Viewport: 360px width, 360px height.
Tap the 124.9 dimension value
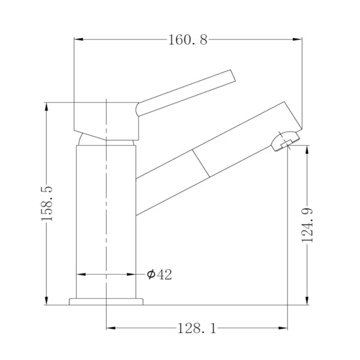[x=308, y=224]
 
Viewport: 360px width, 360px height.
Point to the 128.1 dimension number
[x=196, y=328]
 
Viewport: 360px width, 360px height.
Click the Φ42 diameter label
[x=160, y=274]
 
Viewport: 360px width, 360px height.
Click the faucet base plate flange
[x=106, y=301]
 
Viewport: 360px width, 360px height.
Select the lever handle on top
[x=186, y=93]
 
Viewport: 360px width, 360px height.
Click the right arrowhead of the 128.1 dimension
[x=284, y=328]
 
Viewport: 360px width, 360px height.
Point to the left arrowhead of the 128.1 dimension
[x=110, y=328]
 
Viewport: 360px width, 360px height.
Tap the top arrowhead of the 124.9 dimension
[x=308, y=149]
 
